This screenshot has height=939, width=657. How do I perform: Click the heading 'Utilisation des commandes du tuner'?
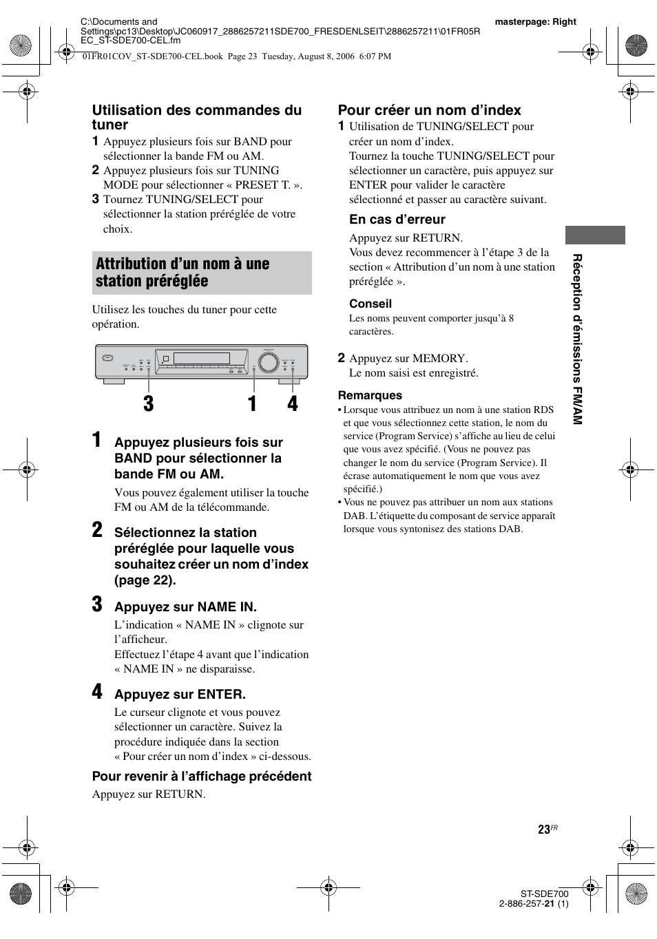point(196,118)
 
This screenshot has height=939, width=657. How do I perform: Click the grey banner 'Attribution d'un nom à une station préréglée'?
point(202,273)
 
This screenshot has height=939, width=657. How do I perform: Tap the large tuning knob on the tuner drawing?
point(267,361)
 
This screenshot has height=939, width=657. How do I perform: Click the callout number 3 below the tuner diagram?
point(149,404)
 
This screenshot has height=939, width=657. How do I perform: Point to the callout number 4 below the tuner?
point(293,404)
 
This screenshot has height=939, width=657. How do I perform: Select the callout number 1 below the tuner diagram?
point(253,404)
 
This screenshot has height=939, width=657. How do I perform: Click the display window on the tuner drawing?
point(201,358)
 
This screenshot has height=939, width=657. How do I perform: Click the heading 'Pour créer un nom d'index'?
point(429,110)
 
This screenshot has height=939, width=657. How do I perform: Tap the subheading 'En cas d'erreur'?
point(397,220)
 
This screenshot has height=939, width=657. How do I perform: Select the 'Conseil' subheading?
point(370,304)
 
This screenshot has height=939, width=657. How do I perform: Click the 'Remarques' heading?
point(369,395)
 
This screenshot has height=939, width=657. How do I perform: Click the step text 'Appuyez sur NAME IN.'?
point(185,607)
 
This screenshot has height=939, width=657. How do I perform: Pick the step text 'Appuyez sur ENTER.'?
point(180,695)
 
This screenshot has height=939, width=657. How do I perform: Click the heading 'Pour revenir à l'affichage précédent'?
point(202,777)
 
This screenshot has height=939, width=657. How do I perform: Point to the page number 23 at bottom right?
point(544,830)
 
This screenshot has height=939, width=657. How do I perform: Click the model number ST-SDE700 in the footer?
point(544,894)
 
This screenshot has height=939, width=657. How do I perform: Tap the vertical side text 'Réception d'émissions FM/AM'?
point(578,339)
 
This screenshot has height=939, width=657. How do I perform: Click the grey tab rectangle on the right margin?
point(595,235)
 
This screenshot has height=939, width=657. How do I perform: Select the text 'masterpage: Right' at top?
point(535,22)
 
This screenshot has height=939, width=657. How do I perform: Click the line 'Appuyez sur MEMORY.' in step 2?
point(408,358)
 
